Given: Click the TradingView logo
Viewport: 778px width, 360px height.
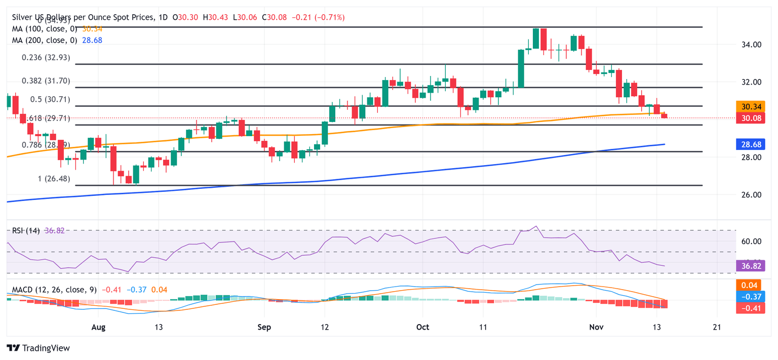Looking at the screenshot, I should point(38,348).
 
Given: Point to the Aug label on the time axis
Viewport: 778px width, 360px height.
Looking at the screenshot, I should point(98,327).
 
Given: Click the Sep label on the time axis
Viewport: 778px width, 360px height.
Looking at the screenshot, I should point(264,327).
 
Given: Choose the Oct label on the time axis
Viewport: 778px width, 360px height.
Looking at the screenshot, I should point(422,327).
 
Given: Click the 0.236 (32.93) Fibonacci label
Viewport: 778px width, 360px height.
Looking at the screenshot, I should point(46,58).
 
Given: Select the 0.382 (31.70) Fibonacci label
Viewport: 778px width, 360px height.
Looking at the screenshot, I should point(46,81).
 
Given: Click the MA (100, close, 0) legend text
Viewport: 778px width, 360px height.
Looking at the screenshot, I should point(46,29).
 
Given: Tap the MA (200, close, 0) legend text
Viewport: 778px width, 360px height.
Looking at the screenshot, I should point(46,40).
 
